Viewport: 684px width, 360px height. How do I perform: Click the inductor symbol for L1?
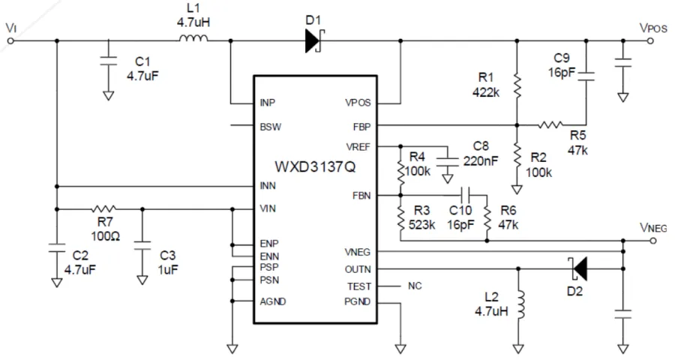point(194,40)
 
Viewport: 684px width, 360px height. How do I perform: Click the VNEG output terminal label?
point(652,226)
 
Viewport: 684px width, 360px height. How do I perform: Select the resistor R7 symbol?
point(103,208)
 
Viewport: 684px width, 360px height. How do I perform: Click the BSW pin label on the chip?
point(270,126)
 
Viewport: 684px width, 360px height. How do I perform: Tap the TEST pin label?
point(358,286)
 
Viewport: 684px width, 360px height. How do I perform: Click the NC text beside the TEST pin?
point(415,286)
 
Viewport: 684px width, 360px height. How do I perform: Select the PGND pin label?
point(357,302)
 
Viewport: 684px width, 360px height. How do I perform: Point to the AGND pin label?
point(272,302)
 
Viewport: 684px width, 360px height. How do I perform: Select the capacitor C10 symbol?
point(464,195)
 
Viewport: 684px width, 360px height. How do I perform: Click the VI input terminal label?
point(10,27)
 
